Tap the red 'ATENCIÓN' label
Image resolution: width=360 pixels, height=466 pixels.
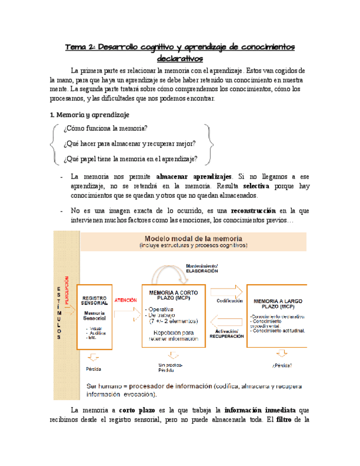point(125,301)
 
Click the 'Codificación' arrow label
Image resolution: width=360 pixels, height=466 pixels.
point(230,301)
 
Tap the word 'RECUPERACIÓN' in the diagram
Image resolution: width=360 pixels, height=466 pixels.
point(226,336)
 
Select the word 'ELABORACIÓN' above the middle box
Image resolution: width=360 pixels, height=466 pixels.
point(202,271)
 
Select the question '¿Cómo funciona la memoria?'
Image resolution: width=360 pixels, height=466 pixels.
point(105,129)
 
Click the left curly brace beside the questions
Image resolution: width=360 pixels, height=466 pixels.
point(52,144)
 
